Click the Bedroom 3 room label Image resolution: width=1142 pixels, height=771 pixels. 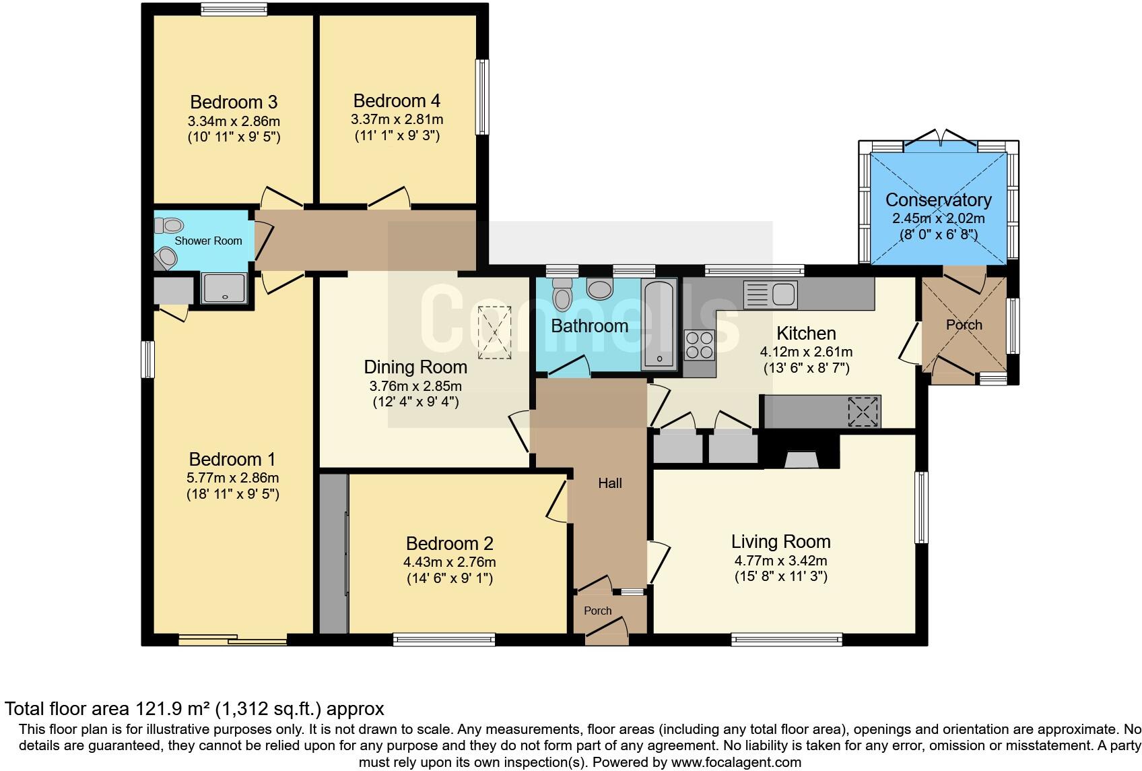234,102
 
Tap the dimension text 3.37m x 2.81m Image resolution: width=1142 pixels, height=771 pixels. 397,120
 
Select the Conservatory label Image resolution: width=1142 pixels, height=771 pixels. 938,200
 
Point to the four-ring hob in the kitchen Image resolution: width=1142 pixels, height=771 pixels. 699,345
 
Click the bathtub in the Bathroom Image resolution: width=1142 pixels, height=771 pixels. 659,325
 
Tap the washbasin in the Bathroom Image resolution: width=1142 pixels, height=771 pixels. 600,290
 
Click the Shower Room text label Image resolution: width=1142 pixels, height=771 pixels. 208,241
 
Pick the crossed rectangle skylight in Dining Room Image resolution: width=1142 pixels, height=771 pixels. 494,332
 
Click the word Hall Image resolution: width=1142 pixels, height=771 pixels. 610,483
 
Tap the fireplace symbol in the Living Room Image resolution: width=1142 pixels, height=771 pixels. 801,460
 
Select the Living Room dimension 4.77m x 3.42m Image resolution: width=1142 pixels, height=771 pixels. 780,561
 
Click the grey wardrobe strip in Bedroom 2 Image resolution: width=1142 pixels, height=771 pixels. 333,553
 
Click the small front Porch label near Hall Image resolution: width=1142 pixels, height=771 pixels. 597,611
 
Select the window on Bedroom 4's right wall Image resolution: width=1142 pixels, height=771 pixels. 482,97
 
